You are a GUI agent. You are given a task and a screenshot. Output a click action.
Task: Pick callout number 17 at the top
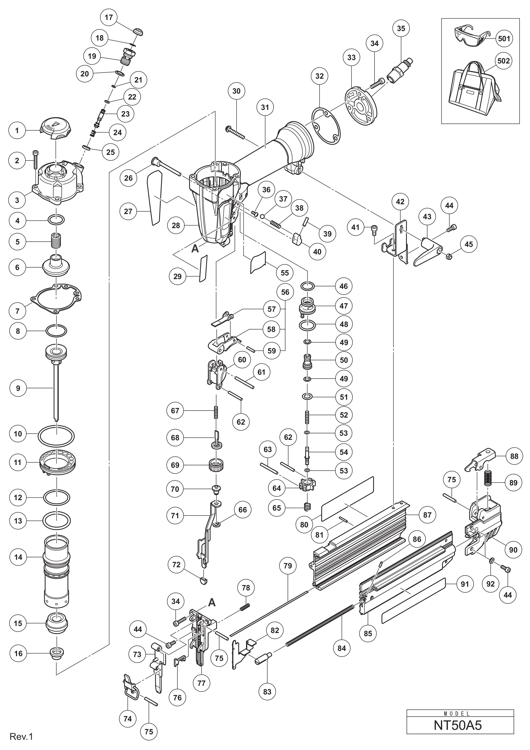point(109,17)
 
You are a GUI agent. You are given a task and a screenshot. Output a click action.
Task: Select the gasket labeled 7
point(56,298)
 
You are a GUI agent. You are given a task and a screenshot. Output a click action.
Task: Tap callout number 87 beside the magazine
point(427,515)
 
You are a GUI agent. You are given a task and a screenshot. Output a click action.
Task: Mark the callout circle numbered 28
point(176,225)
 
